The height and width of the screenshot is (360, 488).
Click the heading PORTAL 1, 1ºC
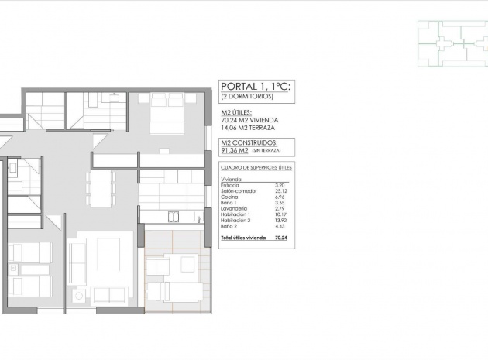[255, 87]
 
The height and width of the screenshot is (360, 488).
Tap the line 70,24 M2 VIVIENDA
[249, 120]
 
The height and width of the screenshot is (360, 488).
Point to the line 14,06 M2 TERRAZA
[249, 128]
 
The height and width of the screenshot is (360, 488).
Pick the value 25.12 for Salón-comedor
[281, 191]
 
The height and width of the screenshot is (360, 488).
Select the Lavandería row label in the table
[234, 209]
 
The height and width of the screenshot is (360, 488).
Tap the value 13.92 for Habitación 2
[281, 220]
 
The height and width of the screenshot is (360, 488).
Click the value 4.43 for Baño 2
[281, 226]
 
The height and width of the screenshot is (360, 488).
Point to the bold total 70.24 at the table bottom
[280, 238]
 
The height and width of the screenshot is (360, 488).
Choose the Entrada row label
[230, 185]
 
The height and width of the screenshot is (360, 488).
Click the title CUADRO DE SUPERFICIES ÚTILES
[256, 167]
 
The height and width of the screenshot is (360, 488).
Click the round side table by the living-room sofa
[77, 297]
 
